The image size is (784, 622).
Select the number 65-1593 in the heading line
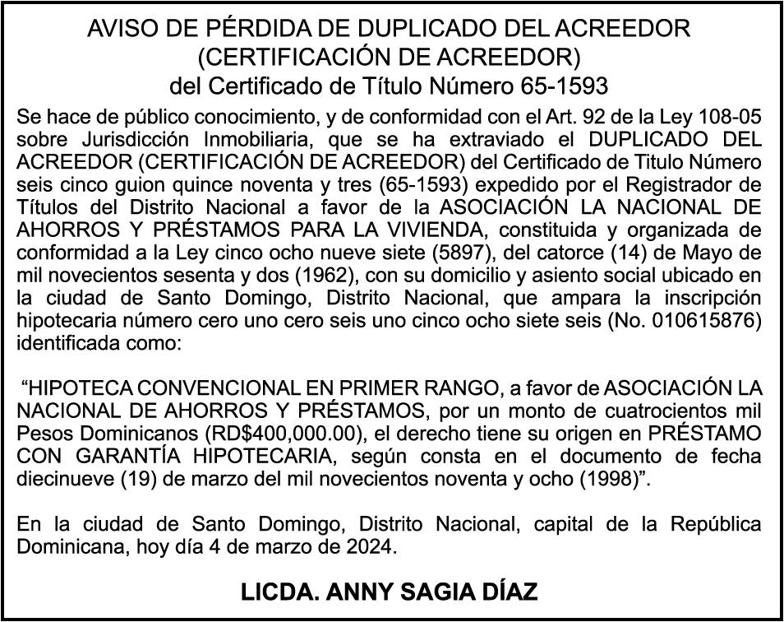[565, 85]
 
